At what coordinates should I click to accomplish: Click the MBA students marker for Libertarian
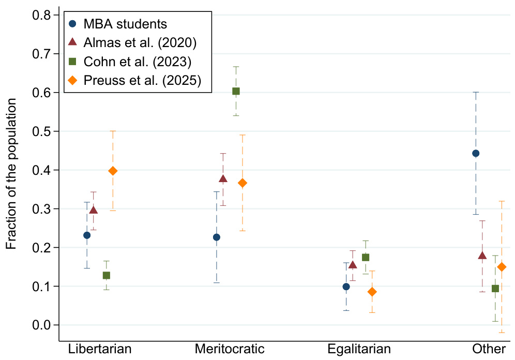[87, 235]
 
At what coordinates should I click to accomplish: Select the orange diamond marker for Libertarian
[113, 171]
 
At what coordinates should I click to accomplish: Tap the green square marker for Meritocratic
[236, 91]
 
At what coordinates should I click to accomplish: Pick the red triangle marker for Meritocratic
[223, 179]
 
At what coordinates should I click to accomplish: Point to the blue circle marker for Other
[476, 153]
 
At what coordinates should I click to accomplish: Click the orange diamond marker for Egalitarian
[372, 292]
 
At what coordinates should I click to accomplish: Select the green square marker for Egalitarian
[366, 257]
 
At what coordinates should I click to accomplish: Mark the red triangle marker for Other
[482, 256]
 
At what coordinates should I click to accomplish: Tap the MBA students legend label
[125, 24]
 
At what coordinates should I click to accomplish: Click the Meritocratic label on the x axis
[230, 348]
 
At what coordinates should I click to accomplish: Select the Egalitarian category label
[359, 348]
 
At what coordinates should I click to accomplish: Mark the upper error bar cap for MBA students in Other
[476, 92]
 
